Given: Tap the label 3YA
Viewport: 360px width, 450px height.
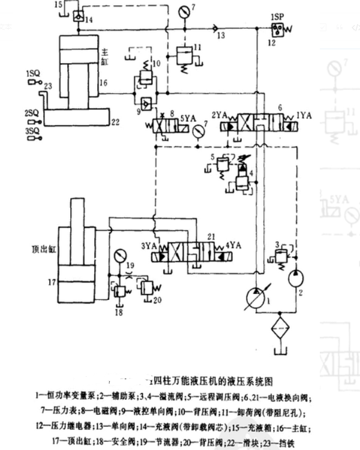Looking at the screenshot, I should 149,245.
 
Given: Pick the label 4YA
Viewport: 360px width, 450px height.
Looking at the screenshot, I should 234,245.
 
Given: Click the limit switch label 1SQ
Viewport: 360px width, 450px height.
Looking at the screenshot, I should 33,73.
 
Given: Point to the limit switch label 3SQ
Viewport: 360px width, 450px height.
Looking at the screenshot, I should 32,130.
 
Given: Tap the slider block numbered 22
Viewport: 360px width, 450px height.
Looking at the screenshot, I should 77,116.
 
